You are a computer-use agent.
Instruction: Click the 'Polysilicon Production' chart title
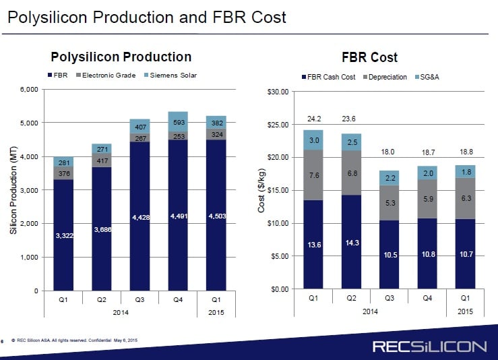[121, 57]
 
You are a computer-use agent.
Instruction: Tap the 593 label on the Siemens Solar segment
[177, 123]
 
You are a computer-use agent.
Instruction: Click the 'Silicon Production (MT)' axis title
[13, 191]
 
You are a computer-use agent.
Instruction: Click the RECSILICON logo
[429, 347]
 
